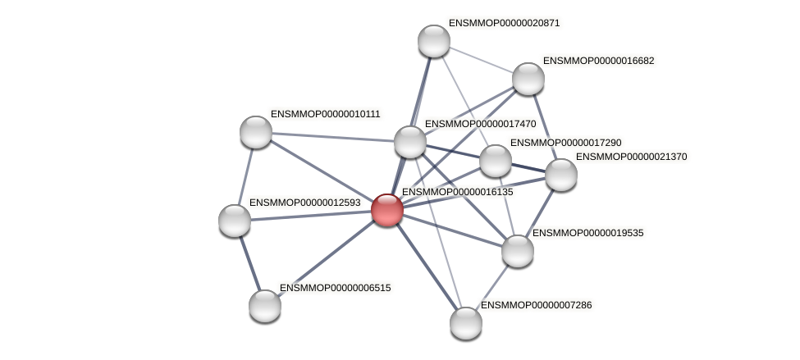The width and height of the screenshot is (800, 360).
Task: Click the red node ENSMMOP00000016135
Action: point(386,209)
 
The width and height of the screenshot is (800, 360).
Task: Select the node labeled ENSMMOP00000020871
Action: point(433,41)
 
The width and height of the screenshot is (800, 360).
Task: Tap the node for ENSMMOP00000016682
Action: point(528,79)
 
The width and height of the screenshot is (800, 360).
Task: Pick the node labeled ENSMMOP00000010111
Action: point(255,131)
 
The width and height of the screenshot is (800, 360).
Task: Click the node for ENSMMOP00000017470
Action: point(409,142)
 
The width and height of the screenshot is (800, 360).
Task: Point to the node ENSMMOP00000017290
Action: point(495,161)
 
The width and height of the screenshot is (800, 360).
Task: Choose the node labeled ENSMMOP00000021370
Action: point(560,174)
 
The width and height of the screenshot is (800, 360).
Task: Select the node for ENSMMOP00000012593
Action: point(235,220)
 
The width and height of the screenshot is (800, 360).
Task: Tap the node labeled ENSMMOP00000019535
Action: point(517,250)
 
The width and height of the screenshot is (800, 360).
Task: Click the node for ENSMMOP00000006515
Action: point(264,305)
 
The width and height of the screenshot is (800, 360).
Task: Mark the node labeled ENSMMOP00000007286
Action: point(465,322)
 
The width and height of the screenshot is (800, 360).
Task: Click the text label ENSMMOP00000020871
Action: point(504,23)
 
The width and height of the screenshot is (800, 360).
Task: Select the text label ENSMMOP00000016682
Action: point(598,61)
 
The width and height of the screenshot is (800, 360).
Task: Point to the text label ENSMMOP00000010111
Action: point(326,114)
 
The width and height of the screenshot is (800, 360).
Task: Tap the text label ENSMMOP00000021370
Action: point(631,157)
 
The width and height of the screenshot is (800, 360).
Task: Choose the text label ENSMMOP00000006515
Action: point(335,288)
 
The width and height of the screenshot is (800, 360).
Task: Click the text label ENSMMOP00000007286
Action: point(536,305)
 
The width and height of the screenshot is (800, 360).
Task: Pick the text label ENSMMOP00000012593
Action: point(304,203)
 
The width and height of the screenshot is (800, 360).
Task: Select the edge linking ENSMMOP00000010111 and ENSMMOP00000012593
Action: point(245,175)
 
